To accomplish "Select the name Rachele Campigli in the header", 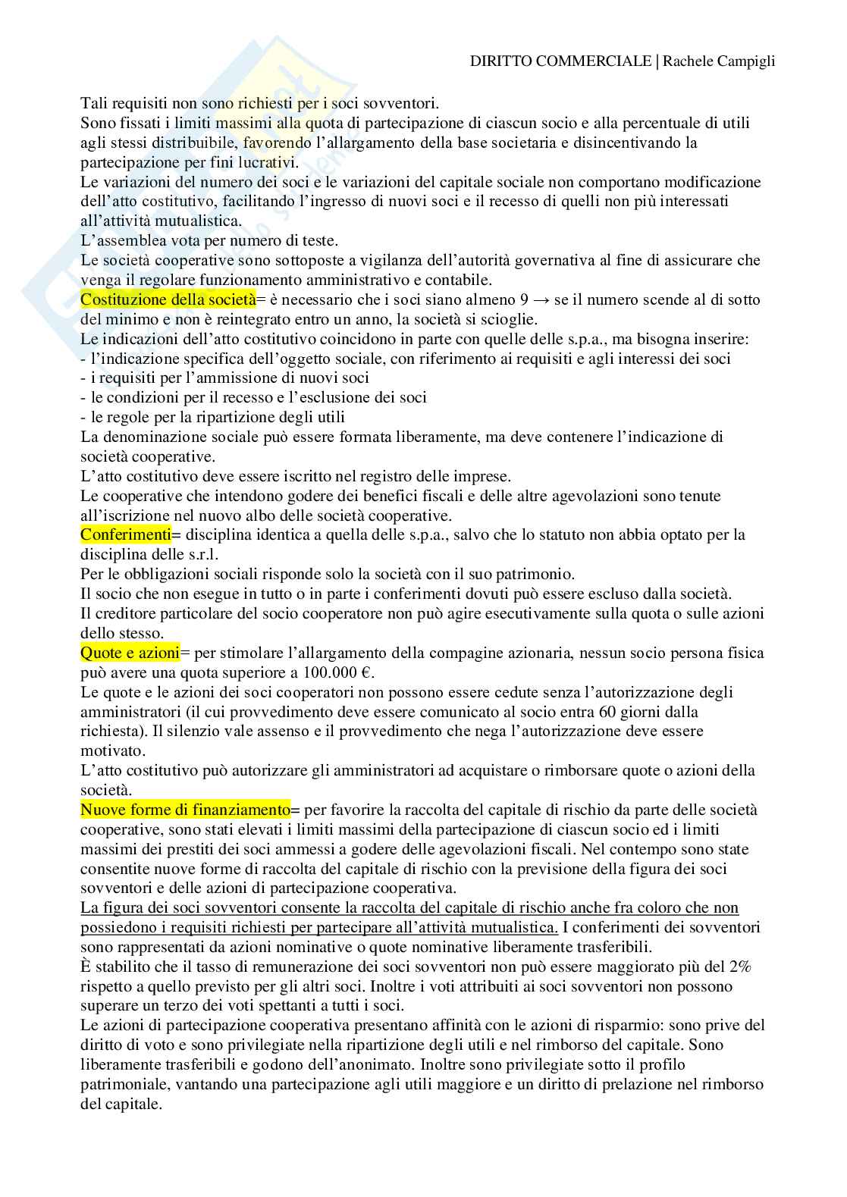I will click(719, 61).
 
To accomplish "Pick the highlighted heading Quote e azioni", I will click(130, 653).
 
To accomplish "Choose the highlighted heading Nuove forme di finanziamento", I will click(186, 810).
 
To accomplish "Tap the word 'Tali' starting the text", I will click(94, 102).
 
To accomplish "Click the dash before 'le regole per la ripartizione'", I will click(83, 417).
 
